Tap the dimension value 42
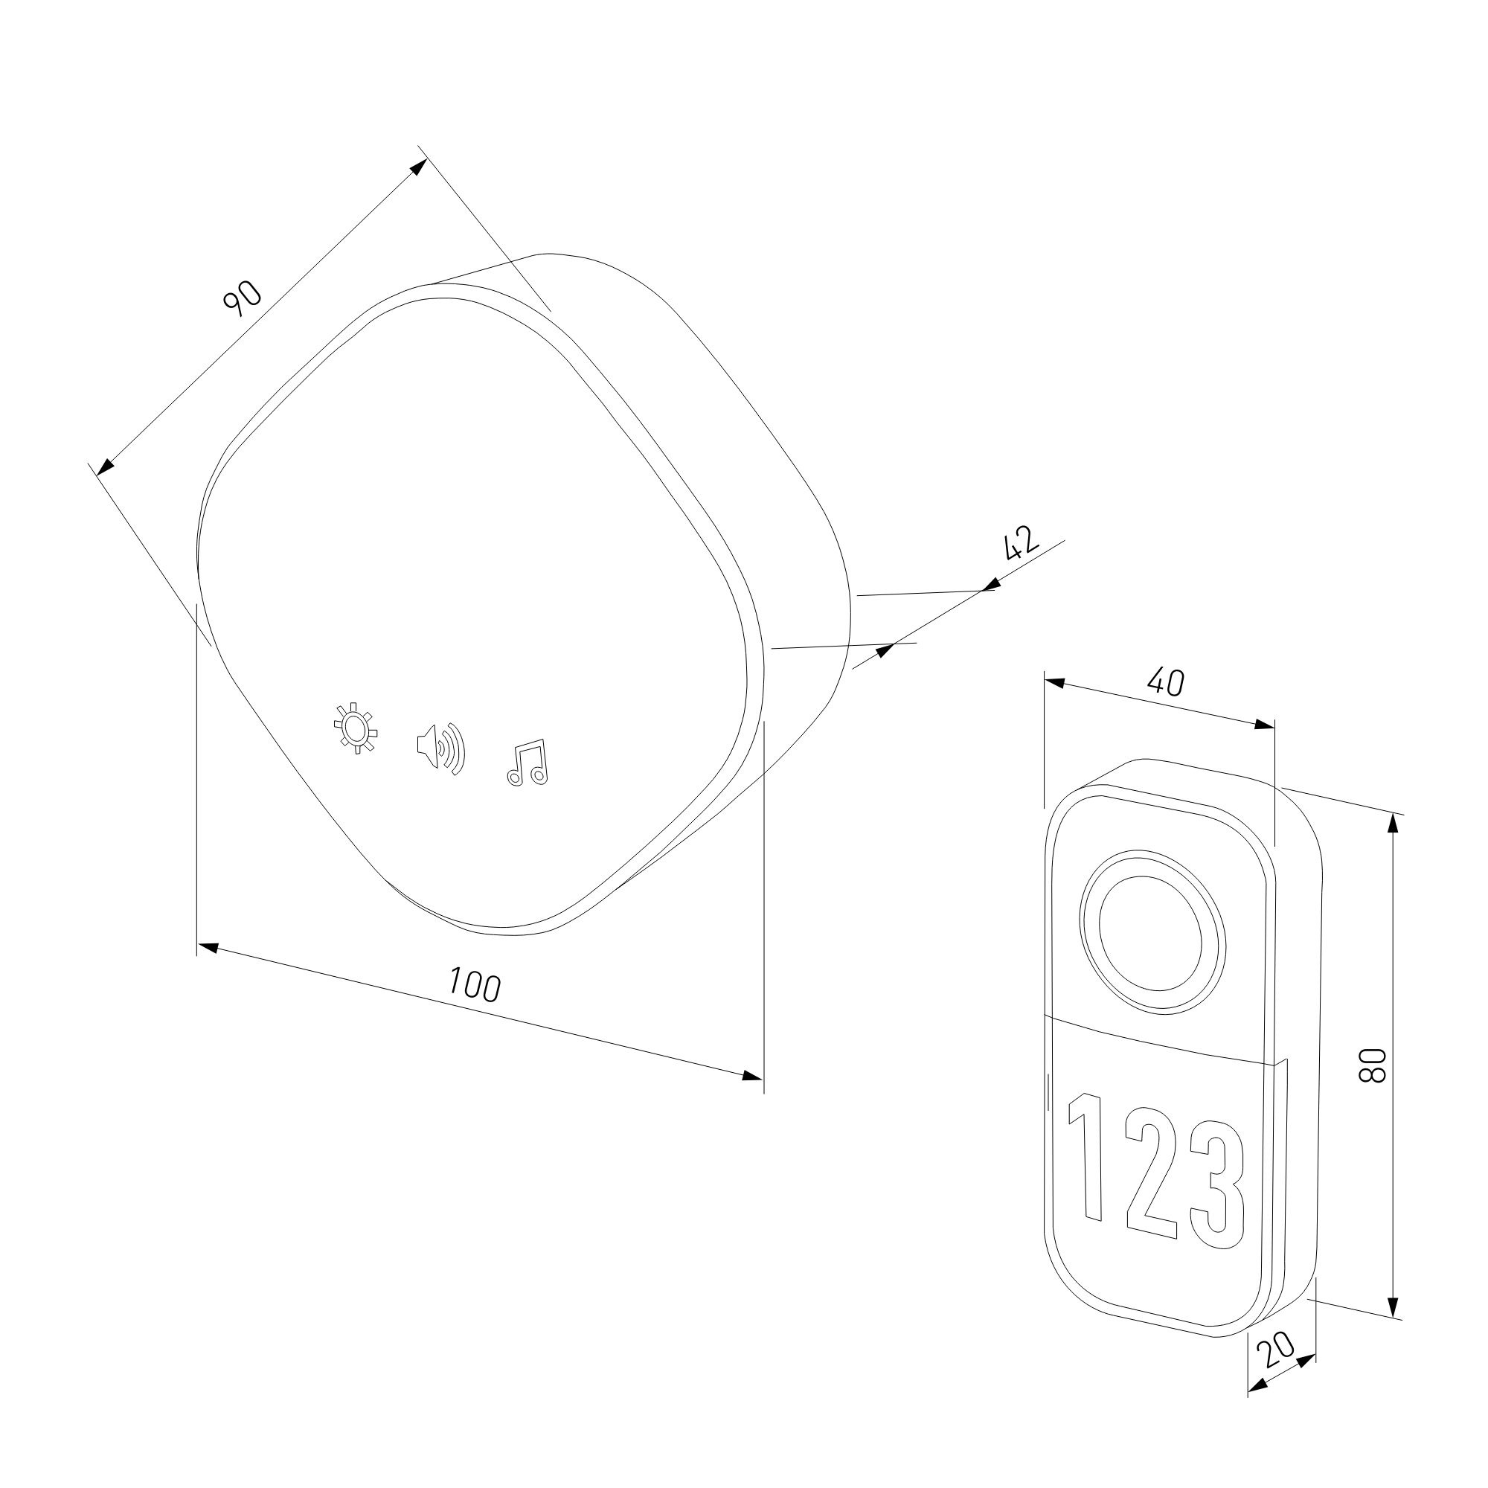pos(1022,544)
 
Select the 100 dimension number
pos(475,985)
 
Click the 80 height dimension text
pos(1373,1066)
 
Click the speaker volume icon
pos(441,748)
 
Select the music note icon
pos(527,763)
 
